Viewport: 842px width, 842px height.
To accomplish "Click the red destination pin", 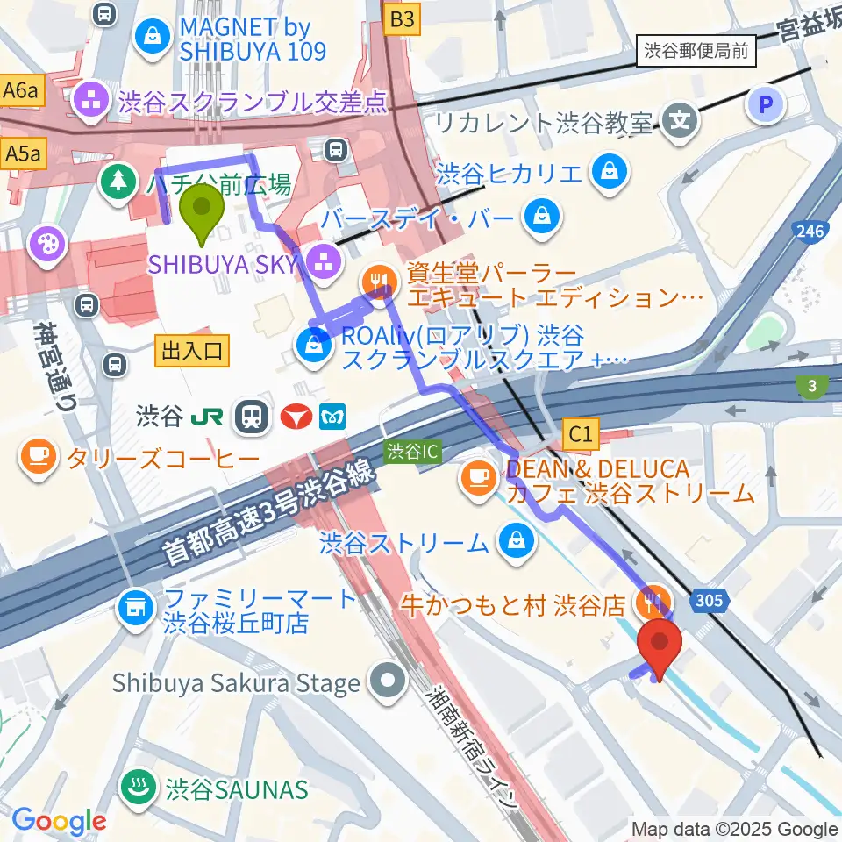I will tap(662, 645).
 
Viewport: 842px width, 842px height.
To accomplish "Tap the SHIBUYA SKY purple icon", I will tap(322, 260).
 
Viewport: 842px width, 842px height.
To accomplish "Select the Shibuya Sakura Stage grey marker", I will tap(387, 680).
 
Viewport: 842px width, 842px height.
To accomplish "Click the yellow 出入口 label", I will tap(192, 352).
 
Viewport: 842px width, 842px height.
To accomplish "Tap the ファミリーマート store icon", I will tap(135, 606).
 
